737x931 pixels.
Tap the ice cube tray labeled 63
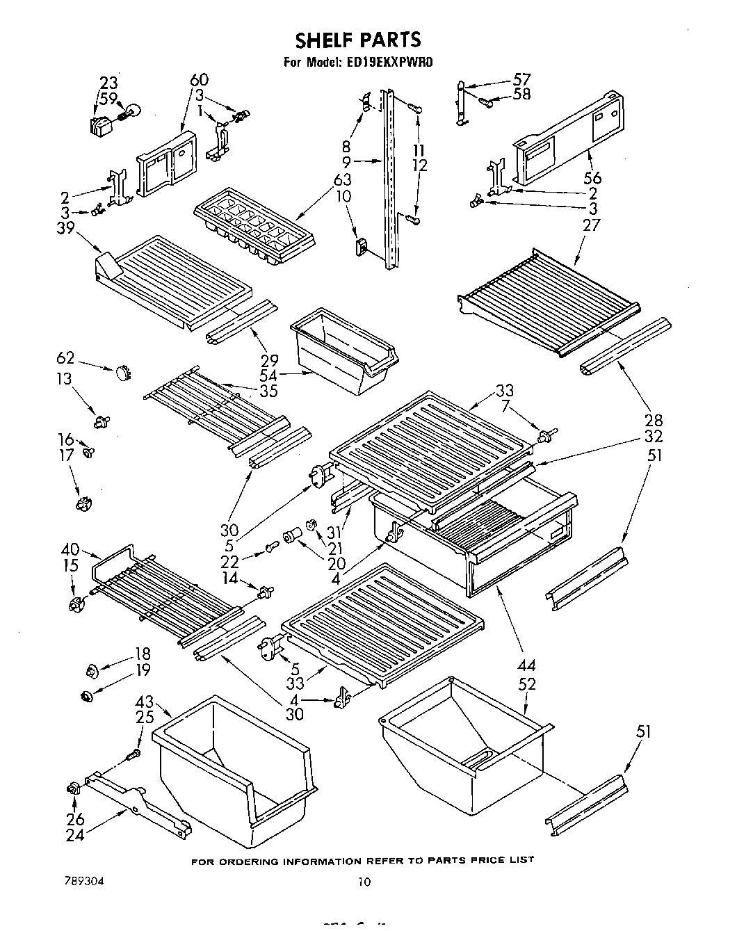tap(254, 226)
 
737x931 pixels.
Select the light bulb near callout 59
tap(133, 110)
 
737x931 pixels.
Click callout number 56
tap(592, 178)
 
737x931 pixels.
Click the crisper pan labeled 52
tap(462, 747)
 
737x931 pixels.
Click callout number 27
tap(591, 225)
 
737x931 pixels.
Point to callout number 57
tap(521, 79)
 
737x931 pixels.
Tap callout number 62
tap(65, 359)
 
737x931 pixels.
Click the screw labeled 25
tap(134, 754)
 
